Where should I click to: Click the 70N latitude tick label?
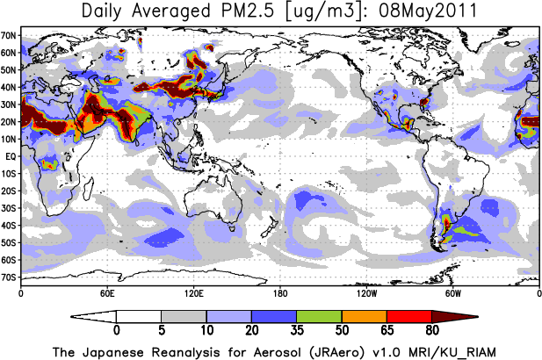10,35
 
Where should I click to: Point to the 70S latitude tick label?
10,277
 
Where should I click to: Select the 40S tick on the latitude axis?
10,226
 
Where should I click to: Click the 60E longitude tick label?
107,292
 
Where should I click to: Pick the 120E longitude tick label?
193,292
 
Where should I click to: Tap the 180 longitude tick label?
279,292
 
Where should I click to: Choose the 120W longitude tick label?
366,292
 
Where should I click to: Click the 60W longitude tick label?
452,292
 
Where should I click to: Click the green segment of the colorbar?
319,316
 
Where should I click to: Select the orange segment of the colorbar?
364,316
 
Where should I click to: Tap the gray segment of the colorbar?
183,316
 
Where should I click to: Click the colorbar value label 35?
296,332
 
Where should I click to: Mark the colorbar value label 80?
431,332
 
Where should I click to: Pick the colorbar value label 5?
161,332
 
